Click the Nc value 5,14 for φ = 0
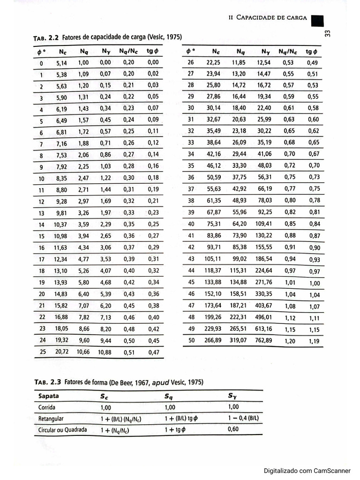(x=61, y=63)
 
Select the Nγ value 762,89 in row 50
(x=264, y=341)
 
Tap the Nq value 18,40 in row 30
(x=239, y=108)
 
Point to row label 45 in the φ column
(x=191, y=282)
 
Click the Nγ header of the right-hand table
(x=266, y=52)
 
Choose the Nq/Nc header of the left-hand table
(x=129, y=51)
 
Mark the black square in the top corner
(x=317, y=21)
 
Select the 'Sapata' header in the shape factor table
(x=49, y=396)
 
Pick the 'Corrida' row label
(x=47, y=407)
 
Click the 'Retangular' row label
(x=51, y=419)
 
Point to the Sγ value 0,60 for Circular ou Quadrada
(x=233, y=429)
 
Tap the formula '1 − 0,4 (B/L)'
(x=244, y=418)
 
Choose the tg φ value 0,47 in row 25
(x=153, y=352)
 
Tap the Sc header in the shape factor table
(x=104, y=397)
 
